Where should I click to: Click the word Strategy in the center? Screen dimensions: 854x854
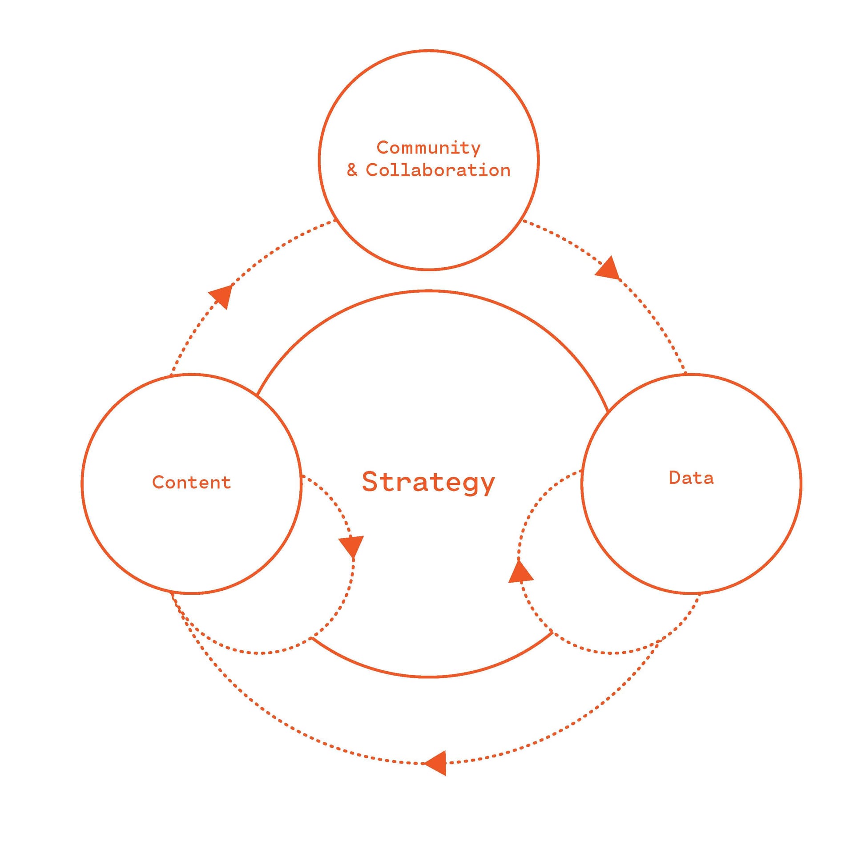coord(428,482)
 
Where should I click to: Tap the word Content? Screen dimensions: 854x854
coord(191,482)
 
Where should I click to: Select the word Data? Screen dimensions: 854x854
coord(691,478)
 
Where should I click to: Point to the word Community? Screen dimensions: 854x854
coord(428,148)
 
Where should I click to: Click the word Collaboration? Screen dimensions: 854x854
coord(438,170)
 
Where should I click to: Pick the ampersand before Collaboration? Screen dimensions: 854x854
coord(352,170)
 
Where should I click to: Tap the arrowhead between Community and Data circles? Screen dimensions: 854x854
coord(608,268)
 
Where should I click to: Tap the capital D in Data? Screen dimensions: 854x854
coord(675,478)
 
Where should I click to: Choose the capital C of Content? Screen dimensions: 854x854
coord(158,482)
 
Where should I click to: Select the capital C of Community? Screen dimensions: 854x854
coord(383,147)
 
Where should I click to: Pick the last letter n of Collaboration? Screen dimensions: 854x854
coord(505,172)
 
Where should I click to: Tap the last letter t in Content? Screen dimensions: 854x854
coord(226,483)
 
